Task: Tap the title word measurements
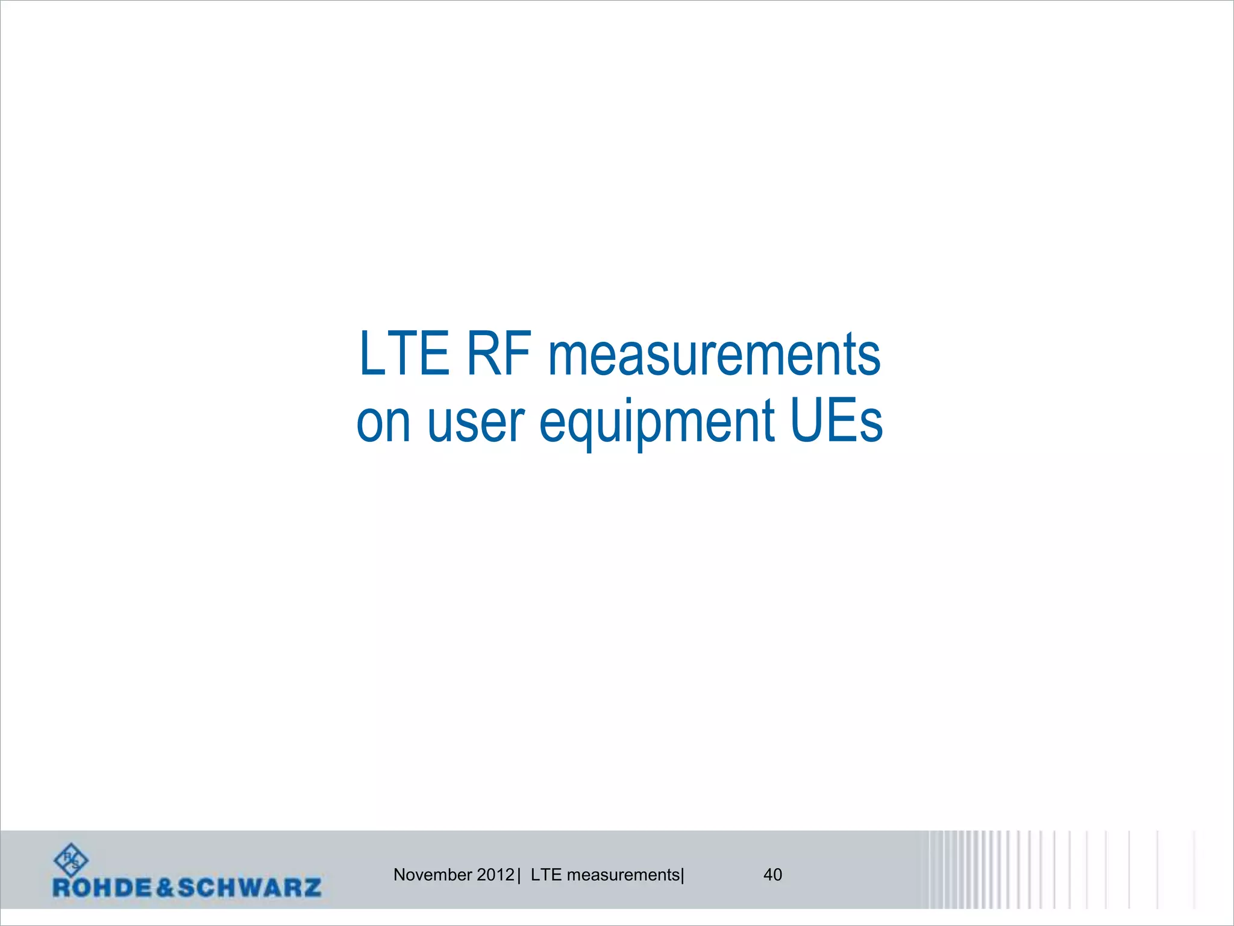coord(714,356)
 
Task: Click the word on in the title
coord(384,422)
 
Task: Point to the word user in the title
coord(476,422)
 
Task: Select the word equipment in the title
coord(656,422)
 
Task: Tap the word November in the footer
coord(433,875)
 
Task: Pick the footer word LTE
coord(546,875)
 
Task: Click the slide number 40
coord(772,875)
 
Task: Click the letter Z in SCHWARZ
coord(312,888)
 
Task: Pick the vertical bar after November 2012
coord(519,875)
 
